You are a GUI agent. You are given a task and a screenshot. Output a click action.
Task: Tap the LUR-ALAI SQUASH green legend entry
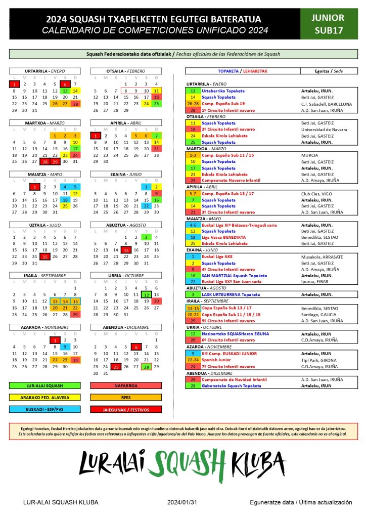(45, 385)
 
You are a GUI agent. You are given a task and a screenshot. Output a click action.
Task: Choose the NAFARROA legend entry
(126, 385)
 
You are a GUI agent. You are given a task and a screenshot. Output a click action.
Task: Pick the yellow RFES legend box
(126, 397)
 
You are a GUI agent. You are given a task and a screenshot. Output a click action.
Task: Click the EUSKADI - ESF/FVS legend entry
(45, 409)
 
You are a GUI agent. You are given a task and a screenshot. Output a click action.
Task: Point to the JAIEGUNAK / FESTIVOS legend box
(126, 409)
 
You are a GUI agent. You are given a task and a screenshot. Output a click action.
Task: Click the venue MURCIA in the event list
(309, 155)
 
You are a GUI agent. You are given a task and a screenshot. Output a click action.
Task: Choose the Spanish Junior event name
(218, 360)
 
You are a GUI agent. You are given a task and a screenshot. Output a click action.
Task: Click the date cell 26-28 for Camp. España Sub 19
(193, 103)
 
